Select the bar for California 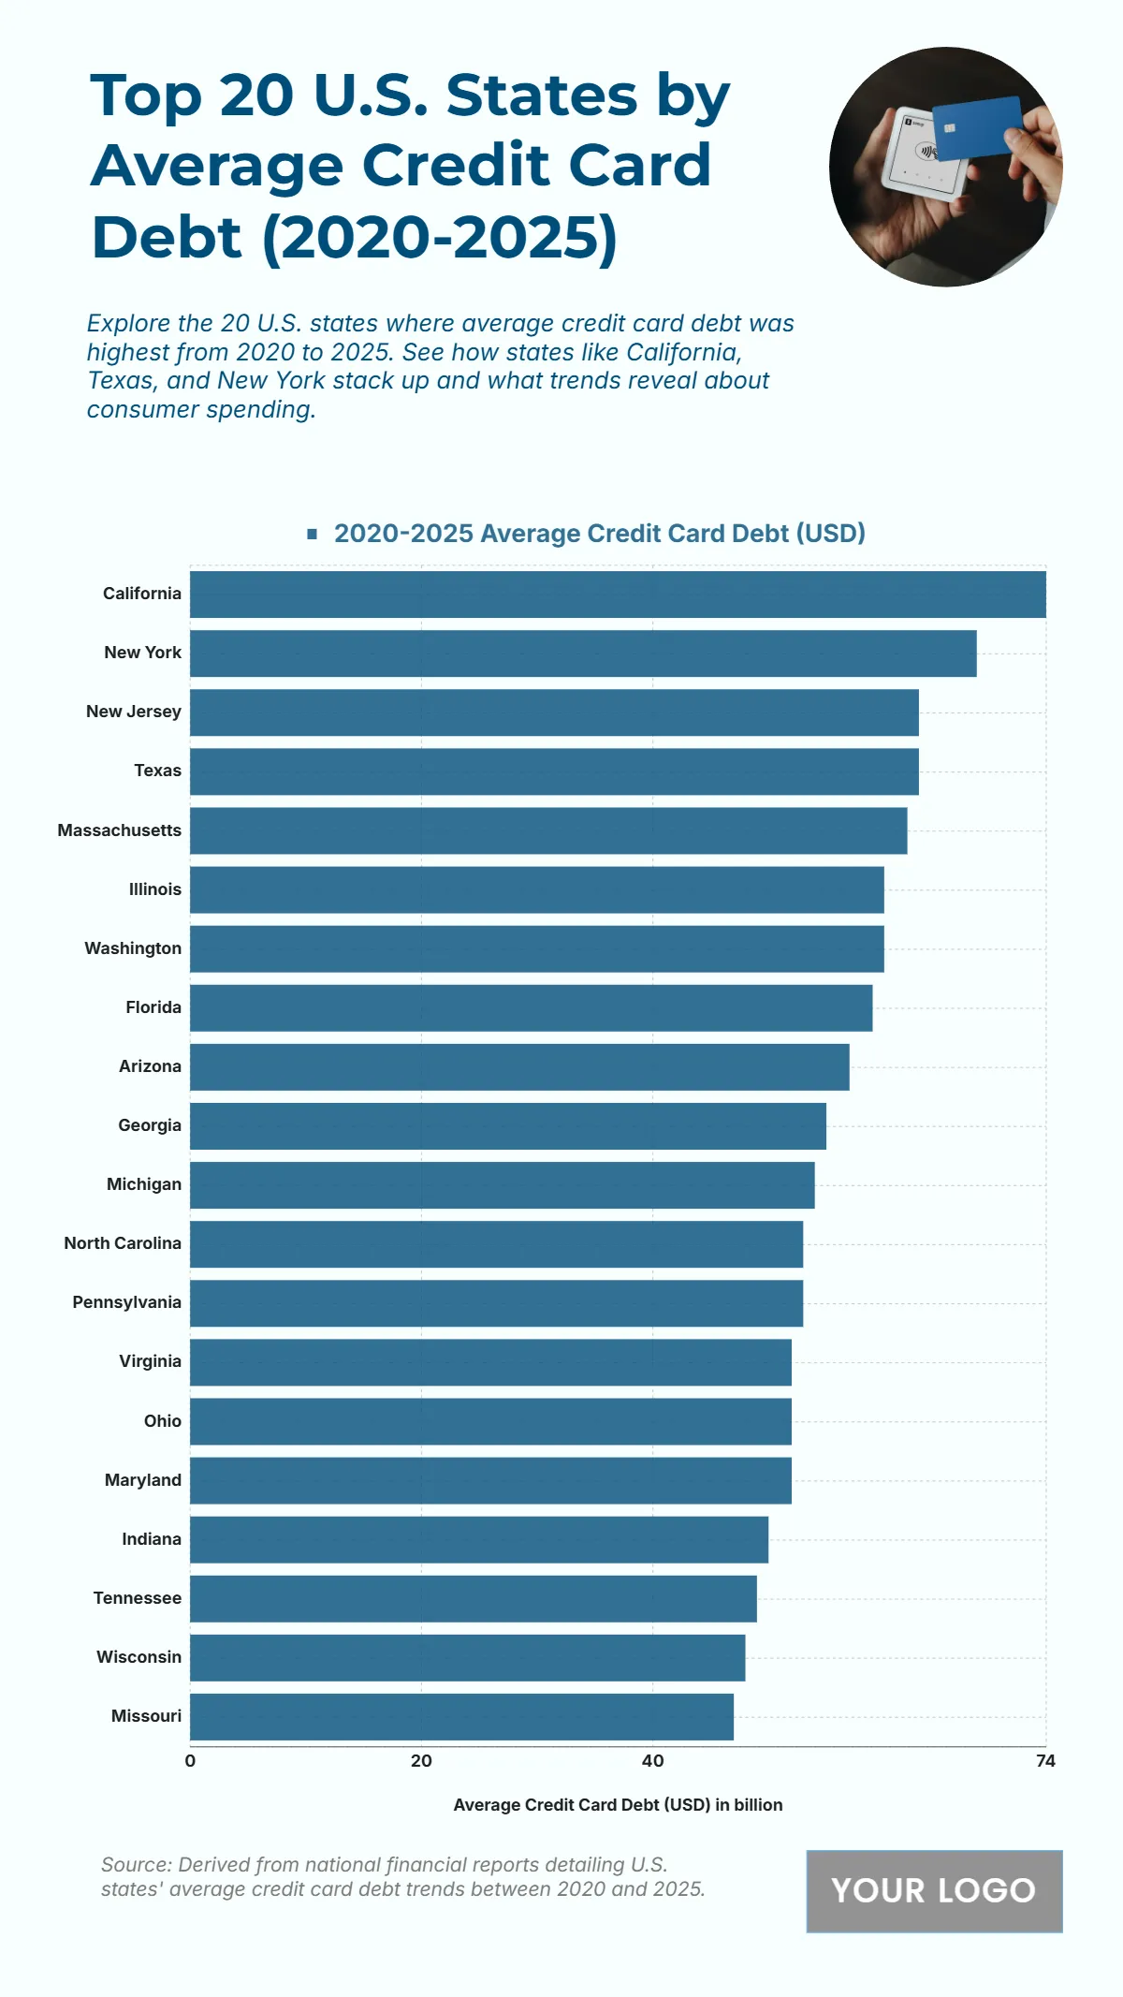[x=618, y=595]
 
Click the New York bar [x=583, y=653]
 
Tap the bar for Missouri [x=461, y=1717]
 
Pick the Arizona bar [x=519, y=1067]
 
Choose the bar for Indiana [x=479, y=1539]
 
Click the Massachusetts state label [x=119, y=830]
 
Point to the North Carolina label [x=123, y=1243]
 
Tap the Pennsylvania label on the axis [x=126, y=1302]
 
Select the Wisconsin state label [x=139, y=1657]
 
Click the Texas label [x=157, y=771]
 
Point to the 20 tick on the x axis [x=421, y=1761]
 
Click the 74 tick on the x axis [x=1045, y=1761]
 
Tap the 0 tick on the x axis [x=190, y=1761]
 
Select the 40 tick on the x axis [x=652, y=1761]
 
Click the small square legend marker [x=313, y=534]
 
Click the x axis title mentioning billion [x=618, y=1805]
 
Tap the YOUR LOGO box [x=934, y=1890]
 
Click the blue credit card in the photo [x=977, y=127]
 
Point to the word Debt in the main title [x=167, y=238]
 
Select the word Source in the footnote [x=135, y=1864]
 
